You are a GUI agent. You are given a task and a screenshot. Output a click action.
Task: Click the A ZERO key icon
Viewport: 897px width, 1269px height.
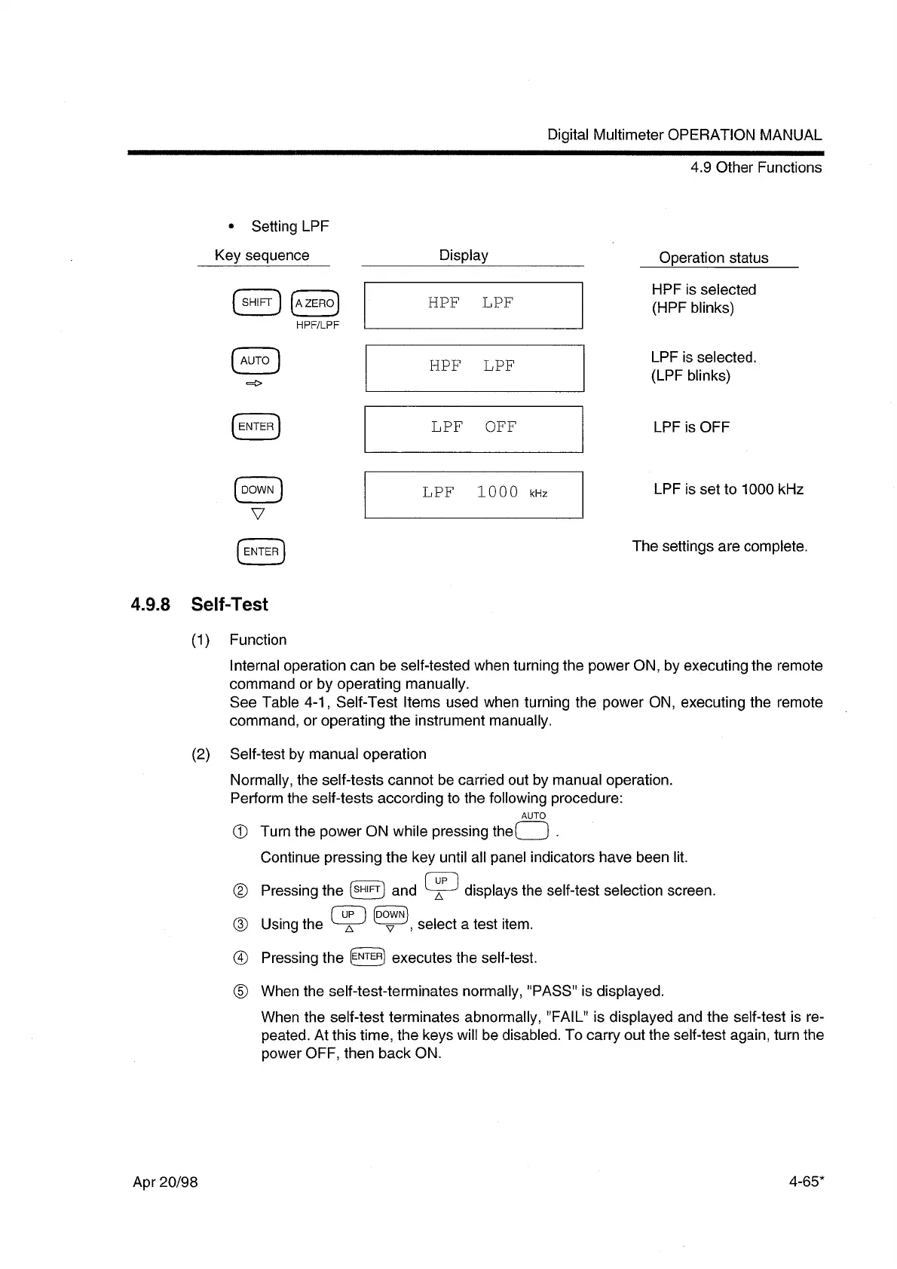coord(314,303)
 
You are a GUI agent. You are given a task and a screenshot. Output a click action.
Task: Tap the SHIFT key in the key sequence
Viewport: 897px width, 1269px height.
coord(256,302)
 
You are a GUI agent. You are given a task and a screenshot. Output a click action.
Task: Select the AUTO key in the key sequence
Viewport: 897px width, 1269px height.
coord(256,361)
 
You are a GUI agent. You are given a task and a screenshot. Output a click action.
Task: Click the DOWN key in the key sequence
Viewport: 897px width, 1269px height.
coord(258,490)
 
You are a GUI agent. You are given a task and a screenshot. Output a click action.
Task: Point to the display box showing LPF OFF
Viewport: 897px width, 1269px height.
coord(473,428)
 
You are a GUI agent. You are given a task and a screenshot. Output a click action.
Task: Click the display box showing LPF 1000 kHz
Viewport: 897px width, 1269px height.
coord(473,494)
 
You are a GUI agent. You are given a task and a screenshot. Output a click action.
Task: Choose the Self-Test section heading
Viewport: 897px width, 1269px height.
coord(229,604)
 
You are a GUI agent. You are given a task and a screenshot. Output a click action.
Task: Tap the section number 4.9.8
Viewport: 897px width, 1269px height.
coord(151,604)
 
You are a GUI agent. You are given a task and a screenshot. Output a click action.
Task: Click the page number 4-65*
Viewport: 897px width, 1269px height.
coord(804,1182)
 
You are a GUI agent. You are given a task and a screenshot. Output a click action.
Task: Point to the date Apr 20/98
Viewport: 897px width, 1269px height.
coord(165,1182)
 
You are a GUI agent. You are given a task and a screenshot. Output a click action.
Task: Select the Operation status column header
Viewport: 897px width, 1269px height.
coord(713,258)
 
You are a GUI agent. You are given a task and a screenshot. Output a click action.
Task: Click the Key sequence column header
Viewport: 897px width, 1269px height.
coord(262,255)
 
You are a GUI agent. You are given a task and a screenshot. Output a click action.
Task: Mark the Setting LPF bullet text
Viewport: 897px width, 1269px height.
coord(289,226)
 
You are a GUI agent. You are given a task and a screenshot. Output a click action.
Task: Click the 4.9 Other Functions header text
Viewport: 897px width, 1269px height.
coord(755,167)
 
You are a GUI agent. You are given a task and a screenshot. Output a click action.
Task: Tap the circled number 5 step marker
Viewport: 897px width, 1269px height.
coord(240,991)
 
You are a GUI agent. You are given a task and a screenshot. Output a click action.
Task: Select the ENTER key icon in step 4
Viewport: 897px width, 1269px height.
coord(367,957)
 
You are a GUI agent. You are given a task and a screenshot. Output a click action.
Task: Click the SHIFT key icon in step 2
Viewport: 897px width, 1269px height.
coord(367,890)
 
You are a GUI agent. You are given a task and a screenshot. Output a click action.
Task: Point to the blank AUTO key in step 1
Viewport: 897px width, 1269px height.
coord(533,832)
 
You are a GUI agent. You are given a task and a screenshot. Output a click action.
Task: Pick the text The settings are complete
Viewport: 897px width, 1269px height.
coord(719,546)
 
